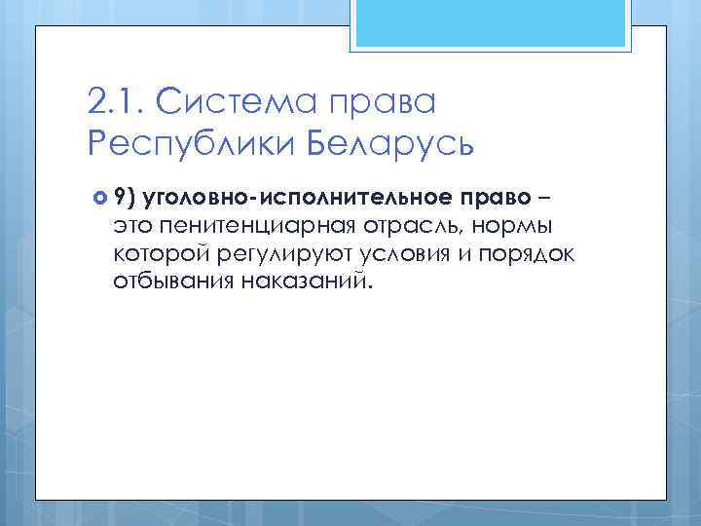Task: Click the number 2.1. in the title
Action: click(114, 100)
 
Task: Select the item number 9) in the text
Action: click(123, 199)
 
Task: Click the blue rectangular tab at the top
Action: click(493, 23)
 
